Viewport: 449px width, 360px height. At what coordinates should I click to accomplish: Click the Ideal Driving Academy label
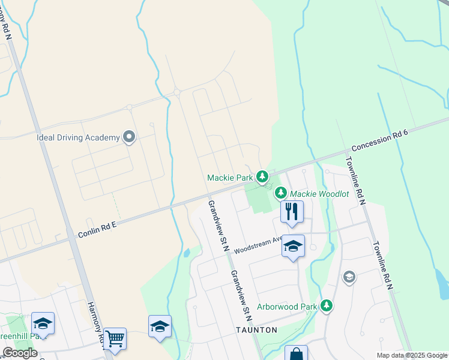(78, 137)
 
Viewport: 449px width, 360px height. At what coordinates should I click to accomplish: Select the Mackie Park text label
(230, 178)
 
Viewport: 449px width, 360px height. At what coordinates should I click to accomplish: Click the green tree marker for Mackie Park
(262, 176)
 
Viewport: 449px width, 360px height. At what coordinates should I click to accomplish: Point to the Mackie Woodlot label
(319, 194)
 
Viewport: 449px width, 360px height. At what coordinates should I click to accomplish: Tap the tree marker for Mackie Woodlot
(280, 193)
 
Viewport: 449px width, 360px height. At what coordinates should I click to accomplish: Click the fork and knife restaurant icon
(292, 212)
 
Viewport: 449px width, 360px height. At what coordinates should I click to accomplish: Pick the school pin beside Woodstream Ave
(293, 247)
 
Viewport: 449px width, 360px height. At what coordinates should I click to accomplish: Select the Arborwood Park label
(287, 307)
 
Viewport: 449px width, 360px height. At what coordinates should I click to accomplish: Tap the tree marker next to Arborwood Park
(327, 306)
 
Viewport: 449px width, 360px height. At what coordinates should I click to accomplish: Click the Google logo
(20, 353)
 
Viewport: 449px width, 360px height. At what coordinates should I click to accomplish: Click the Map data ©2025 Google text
(411, 355)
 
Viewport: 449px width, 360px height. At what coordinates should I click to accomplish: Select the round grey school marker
(348, 277)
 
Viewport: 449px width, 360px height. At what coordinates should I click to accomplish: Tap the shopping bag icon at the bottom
(296, 354)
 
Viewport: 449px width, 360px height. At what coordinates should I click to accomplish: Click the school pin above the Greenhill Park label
(43, 324)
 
